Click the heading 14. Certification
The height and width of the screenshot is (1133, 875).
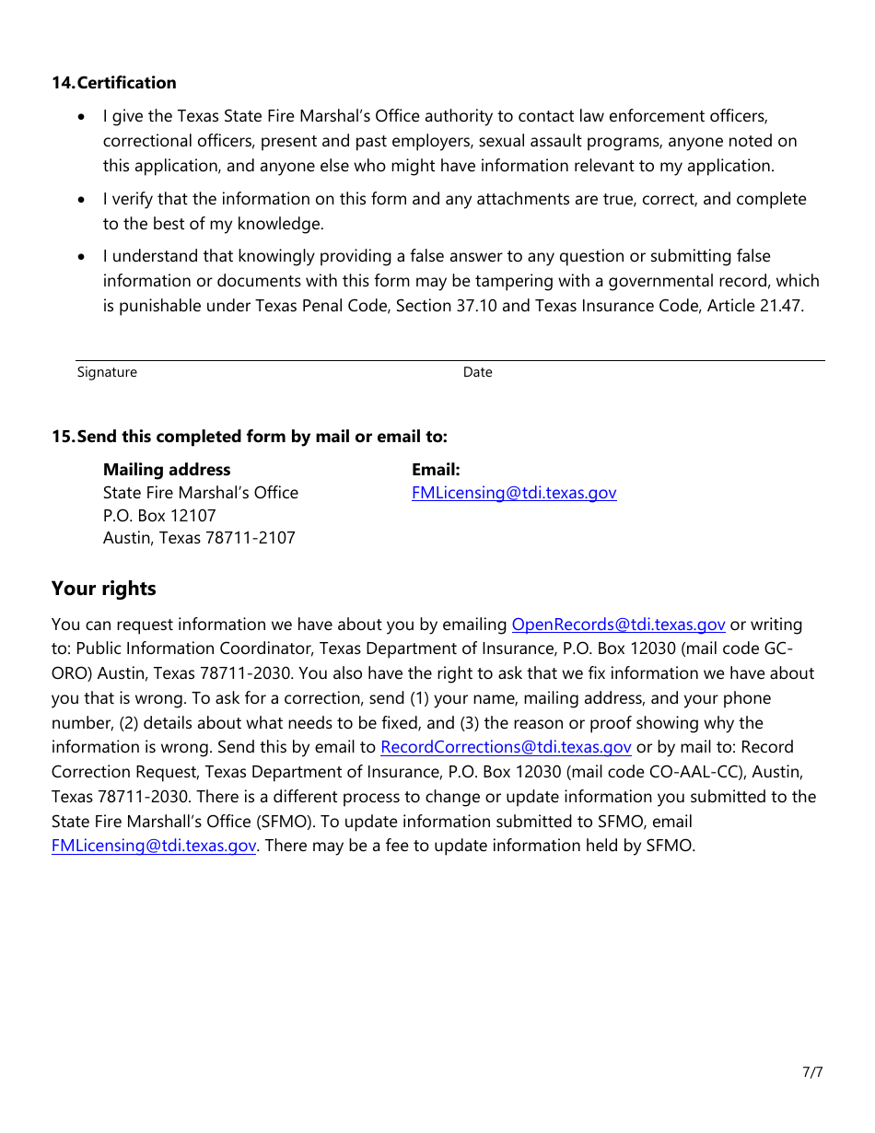(x=113, y=83)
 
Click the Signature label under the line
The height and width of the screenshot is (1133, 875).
(x=107, y=372)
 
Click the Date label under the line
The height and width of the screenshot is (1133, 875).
(x=477, y=372)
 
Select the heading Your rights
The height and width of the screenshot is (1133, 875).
(x=104, y=589)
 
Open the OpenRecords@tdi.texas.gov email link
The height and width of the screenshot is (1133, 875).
(x=618, y=625)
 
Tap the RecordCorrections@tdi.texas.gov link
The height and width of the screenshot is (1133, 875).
(x=506, y=747)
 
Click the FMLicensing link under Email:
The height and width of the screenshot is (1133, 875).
(x=514, y=493)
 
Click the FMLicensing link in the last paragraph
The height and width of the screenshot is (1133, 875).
(x=154, y=846)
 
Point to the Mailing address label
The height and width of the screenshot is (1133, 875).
(x=167, y=470)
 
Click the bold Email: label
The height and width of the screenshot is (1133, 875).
(x=436, y=470)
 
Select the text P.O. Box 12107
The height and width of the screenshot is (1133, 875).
(x=159, y=516)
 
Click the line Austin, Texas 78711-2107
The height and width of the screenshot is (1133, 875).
(x=199, y=538)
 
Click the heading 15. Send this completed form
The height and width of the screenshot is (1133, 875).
(x=249, y=437)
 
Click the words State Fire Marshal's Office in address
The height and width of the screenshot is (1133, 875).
(x=201, y=493)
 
